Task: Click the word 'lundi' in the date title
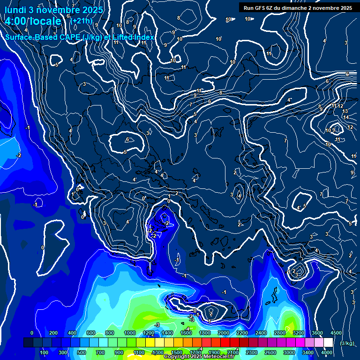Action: tap(15, 10)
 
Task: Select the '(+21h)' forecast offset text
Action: tap(81, 21)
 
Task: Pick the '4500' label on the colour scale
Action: tap(336, 333)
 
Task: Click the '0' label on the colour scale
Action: tap(32, 333)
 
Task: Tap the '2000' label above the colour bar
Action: tap(223, 333)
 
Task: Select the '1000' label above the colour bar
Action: tap(129, 333)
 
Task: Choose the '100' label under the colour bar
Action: tap(45, 352)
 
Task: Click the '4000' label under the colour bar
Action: tap(327, 352)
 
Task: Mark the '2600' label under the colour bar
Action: tap(270, 352)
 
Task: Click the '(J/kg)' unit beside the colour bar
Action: tap(347, 344)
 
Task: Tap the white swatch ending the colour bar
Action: tap(328, 343)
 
